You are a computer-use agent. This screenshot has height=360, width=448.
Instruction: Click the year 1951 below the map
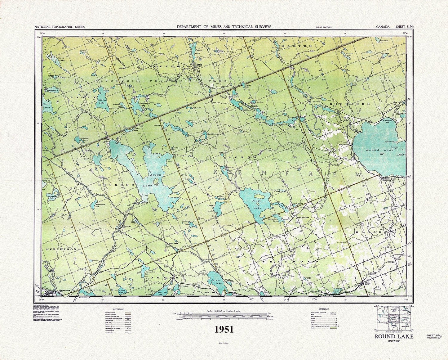coord(224,329)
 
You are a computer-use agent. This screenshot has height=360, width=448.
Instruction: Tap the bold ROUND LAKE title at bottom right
coord(393,337)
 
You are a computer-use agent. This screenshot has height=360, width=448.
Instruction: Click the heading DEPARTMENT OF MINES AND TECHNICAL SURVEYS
coord(224,27)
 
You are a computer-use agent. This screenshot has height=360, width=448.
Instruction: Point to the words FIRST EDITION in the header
coord(323,27)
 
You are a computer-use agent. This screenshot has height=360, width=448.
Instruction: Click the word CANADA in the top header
coord(383,27)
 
